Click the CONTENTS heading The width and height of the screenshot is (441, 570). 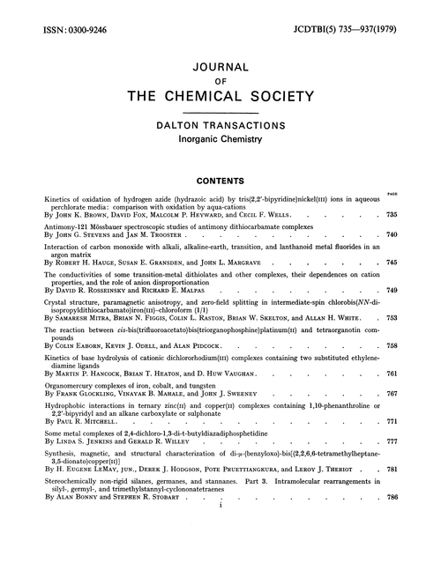click(x=220, y=186)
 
